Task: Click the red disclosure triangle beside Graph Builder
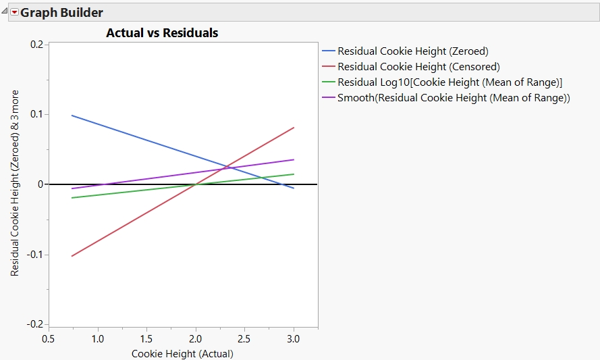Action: click(14, 12)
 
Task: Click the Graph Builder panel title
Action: click(62, 12)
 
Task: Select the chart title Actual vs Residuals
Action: click(162, 32)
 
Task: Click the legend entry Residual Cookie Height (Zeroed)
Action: click(412, 51)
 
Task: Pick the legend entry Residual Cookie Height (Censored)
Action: click(418, 66)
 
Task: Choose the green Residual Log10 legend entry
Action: click(449, 82)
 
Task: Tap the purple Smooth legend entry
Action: click(454, 98)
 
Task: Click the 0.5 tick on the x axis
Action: click(48, 338)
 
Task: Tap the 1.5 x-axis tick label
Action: click(146, 338)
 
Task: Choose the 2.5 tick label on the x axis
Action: click(244, 338)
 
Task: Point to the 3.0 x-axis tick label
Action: click(294, 338)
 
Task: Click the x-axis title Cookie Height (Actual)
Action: click(182, 353)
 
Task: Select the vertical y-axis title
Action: click(15, 183)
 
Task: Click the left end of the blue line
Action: click(72, 115)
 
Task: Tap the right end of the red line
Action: click(294, 128)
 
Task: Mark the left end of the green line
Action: click(72, 198)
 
